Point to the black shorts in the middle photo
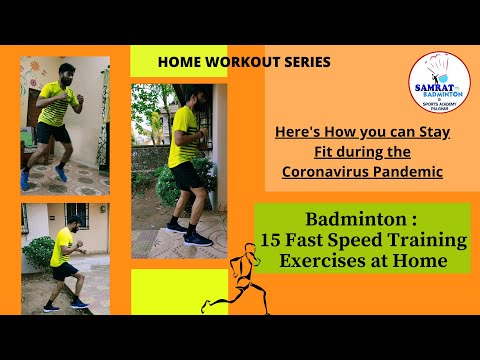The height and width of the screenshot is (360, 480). tap(186, 175)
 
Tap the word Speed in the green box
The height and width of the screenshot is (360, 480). tap(355, 242)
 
